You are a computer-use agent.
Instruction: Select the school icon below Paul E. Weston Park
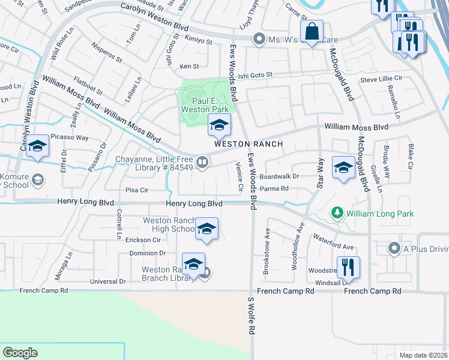(219, 125)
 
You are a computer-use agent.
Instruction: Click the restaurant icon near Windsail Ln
(348, 266)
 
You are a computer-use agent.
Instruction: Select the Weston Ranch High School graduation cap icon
(206, 229)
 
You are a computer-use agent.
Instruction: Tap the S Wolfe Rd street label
(252, 318)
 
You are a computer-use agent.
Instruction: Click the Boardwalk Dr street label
(295, 176)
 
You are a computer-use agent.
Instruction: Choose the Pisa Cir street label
(136, 190)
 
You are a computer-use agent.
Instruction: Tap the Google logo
(20, 353)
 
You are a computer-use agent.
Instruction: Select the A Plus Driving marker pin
(394, 248)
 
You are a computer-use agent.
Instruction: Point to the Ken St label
(188, 66)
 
